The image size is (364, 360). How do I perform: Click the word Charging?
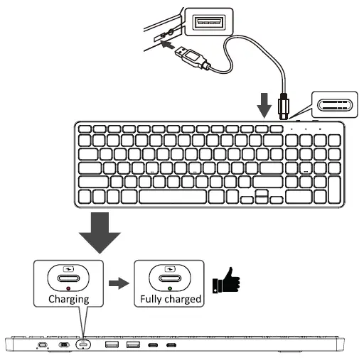(68, 299)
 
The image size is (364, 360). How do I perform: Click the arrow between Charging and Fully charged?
(119, 282)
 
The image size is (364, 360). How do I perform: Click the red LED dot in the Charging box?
(68, 289)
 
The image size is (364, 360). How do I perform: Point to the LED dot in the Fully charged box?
(168, 289)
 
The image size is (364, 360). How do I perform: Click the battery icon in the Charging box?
(68, 269)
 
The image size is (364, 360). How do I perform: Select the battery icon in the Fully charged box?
(168, 269)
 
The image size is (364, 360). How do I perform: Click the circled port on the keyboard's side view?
(84, 346)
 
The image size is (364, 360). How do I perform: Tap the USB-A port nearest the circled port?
(111, 346)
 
